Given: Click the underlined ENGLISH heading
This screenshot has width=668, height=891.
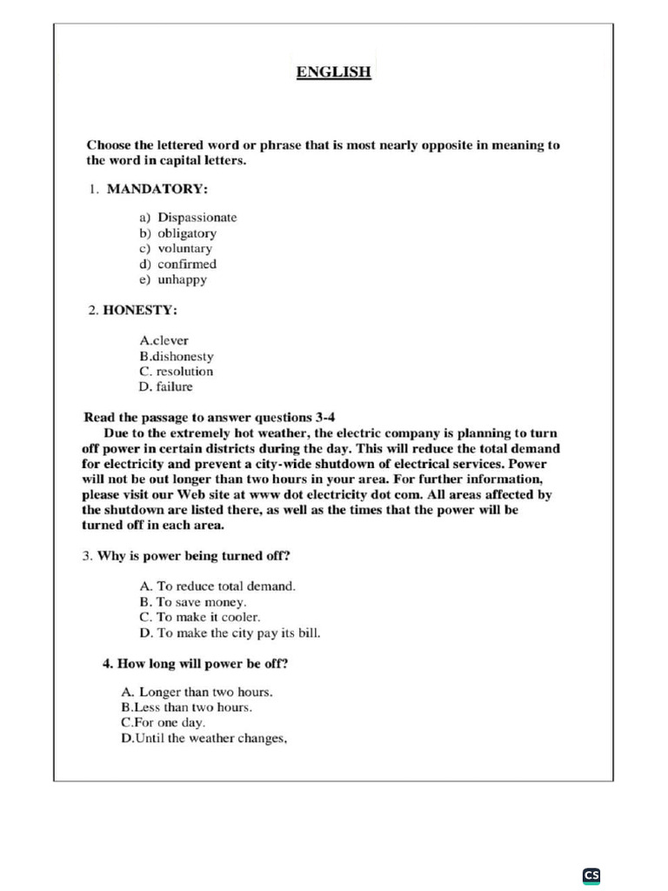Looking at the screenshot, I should (334, 72).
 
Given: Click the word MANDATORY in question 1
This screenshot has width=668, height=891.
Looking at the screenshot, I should (157, 189).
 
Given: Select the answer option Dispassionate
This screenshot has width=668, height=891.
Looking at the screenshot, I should (197, 218).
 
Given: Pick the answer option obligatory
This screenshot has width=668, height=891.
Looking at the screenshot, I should (187, 233).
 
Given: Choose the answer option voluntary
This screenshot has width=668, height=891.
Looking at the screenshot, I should (184, 249).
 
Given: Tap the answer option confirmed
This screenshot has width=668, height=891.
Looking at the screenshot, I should (187, 265).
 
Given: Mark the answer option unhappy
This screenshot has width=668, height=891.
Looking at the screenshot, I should (182, 280).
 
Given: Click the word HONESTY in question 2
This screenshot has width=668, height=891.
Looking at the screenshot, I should (140, 310).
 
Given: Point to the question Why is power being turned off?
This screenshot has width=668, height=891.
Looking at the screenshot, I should (193, 555).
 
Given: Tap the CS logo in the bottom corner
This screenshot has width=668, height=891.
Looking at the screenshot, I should (591, 875).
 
